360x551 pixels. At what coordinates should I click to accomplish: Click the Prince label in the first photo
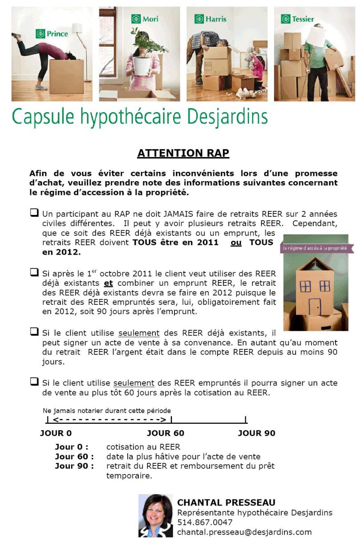(x=52, y=33)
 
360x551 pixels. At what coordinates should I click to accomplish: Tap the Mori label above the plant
(x=145, y=19)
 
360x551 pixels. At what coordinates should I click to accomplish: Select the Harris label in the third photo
(x=211, y=19)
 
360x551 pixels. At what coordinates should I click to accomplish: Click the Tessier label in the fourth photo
(x=298, y=19)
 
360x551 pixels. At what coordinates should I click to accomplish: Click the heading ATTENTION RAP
(x=183, y=153)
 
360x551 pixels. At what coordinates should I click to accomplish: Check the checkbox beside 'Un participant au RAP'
(x=34, y=213)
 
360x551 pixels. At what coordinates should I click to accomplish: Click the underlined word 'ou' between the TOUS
(x=236, y=243)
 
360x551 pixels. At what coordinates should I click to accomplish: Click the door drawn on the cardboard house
(x=315, y=306)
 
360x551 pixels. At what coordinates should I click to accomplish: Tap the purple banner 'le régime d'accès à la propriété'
(x=317, y=248)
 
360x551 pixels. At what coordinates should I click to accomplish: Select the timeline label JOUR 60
(x=166, y=433)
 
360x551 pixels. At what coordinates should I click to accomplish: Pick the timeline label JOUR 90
(x=256, y=433)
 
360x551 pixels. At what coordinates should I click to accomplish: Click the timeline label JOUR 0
(x=56, y=433)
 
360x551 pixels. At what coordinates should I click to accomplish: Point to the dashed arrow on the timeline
(x=109, y=420)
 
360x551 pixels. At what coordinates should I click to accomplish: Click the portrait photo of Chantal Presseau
(x=155, y=515)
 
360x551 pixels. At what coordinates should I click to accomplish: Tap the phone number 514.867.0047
(x=205, y=522)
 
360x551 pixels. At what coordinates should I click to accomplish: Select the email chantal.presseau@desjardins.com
(x=244, y=532)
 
